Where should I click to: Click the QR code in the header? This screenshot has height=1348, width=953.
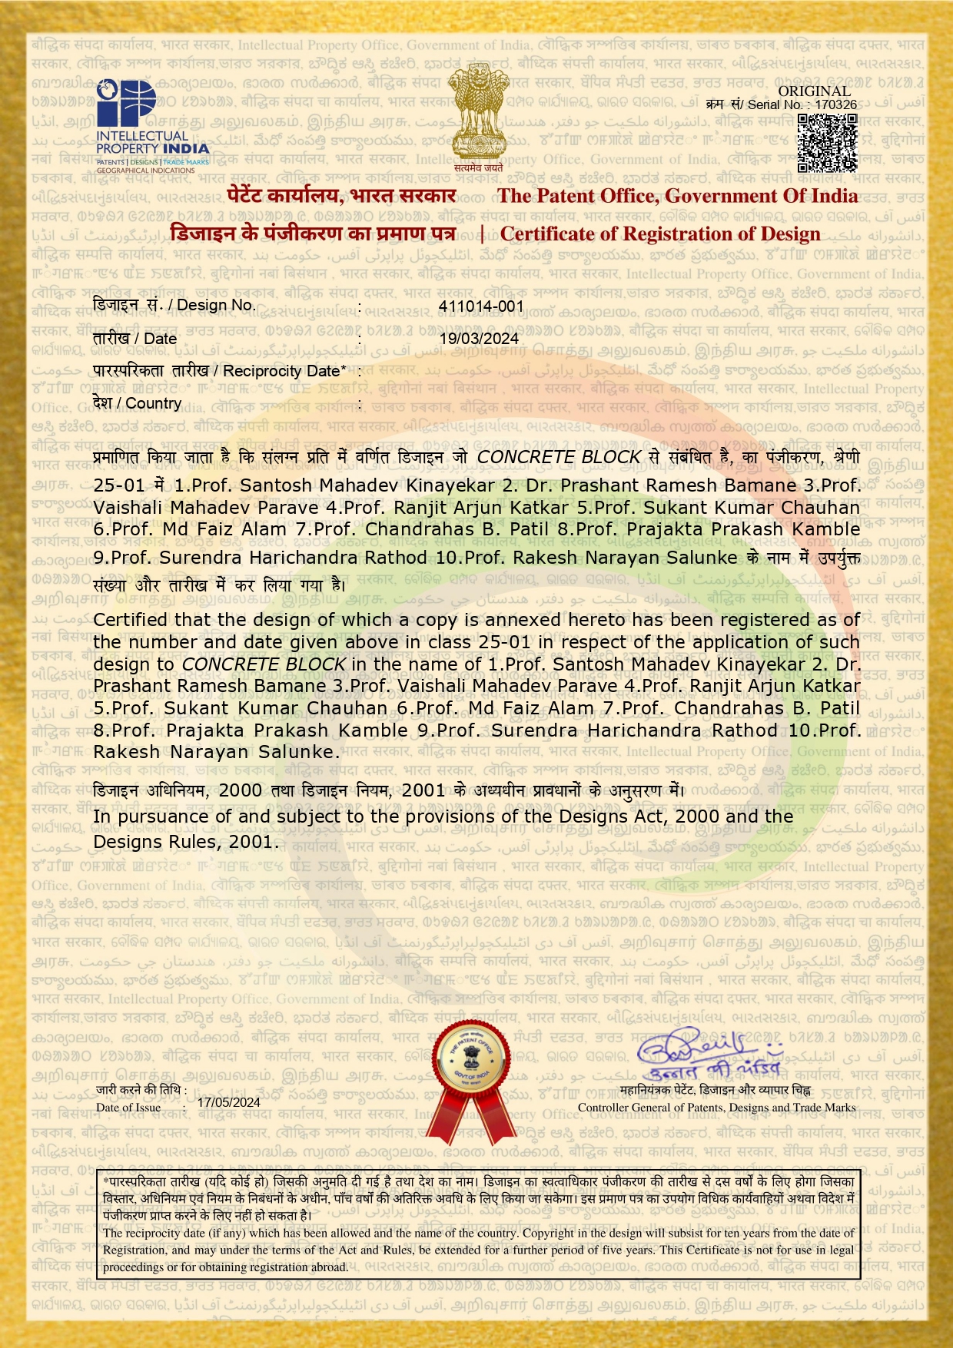827,142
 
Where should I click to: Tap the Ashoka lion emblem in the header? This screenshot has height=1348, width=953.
477,115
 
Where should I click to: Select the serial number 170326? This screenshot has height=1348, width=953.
835,104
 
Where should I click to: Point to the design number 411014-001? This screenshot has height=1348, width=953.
481,306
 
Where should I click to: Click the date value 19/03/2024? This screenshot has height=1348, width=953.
479,338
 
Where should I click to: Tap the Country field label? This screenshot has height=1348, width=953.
137,403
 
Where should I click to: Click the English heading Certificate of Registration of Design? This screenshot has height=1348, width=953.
660,233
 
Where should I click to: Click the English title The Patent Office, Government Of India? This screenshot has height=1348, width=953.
677,196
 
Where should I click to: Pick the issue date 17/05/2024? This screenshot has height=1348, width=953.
229,1102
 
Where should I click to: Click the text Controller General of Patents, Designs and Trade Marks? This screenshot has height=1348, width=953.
716,1108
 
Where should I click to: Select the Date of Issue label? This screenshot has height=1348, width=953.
128,1107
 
